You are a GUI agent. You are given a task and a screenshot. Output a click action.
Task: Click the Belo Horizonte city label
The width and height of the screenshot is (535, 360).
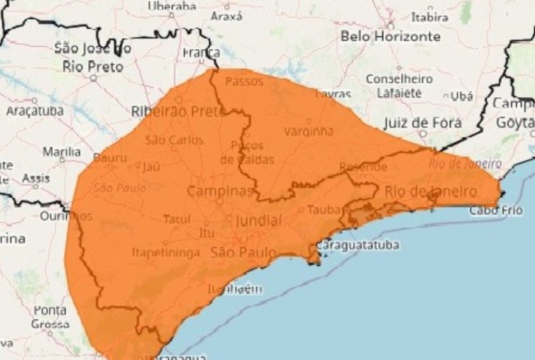point(390,36)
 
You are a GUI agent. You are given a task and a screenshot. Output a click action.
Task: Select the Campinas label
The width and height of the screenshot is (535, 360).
point(219,191)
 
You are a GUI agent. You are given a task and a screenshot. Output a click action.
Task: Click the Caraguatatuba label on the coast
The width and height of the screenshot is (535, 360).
point(357,246)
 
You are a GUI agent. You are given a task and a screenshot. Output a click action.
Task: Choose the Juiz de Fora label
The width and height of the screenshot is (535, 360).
point(423,123)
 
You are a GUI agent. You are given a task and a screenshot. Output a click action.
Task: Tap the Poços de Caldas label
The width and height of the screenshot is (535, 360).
point(247,153)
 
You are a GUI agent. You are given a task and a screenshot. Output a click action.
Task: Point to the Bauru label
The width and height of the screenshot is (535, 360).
point(110,158)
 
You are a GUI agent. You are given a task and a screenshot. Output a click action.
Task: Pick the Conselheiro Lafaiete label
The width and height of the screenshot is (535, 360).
point(399,86)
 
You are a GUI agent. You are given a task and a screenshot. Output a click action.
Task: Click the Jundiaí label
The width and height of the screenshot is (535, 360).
point(258,221)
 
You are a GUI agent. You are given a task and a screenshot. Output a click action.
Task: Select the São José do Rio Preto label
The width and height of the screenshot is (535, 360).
point(92,57)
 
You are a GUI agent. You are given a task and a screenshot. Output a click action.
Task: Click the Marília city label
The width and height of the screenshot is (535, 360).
point(61,151)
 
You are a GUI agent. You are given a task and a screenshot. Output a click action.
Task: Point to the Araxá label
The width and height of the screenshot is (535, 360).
point(226,17)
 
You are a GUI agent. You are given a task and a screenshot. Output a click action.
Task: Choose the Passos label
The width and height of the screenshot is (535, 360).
point(240,81)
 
